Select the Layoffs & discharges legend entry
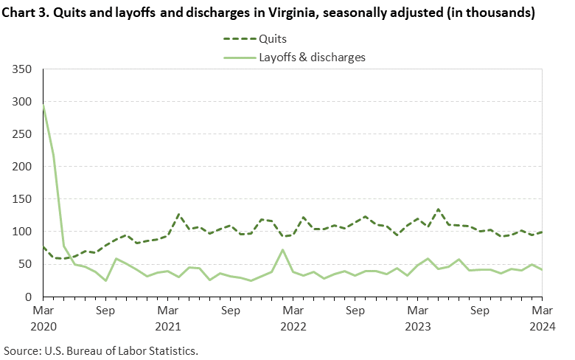312,56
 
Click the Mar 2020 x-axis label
43,318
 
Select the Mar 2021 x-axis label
169,318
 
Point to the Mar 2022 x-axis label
293,318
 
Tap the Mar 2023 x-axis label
418,318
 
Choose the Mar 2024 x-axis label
543,318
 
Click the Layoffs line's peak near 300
43,105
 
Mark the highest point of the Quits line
439,210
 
